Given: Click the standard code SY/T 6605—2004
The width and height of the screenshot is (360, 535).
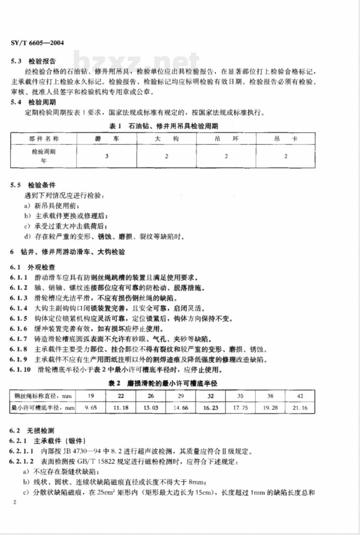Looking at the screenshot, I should click(37, 43).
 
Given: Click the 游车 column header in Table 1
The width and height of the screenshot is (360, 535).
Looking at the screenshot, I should click(107, 139).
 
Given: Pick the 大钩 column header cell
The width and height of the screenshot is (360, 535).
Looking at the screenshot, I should click(166, 139).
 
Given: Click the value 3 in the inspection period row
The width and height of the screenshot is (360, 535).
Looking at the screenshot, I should click(107, 156).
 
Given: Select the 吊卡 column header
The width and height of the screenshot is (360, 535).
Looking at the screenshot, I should click(285, 139).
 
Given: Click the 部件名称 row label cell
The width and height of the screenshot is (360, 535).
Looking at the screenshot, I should click(44, 139).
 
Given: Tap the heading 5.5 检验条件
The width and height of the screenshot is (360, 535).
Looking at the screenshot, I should click(33, 185).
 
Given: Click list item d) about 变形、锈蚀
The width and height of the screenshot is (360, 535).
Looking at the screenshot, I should click(104, 237).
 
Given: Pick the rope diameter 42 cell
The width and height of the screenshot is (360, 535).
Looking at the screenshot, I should click(300, 396).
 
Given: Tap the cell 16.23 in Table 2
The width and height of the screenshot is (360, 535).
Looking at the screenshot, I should click(210, 408).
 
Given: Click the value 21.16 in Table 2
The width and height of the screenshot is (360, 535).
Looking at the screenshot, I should click(300, 408).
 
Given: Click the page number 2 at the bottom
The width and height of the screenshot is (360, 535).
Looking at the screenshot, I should click(14, 502).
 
